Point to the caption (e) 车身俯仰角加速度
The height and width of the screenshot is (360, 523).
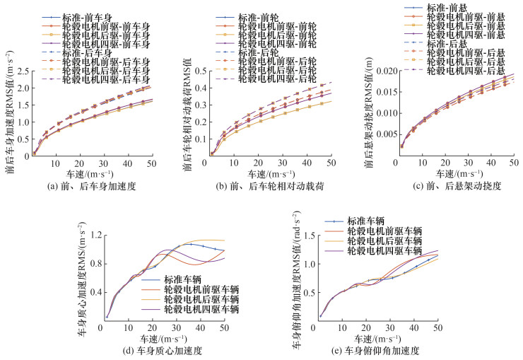[376, 350]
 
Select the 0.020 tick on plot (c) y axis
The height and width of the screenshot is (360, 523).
[373, 71]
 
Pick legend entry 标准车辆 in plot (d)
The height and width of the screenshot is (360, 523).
[186, 278]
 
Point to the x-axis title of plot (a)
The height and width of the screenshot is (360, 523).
[96, 173]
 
